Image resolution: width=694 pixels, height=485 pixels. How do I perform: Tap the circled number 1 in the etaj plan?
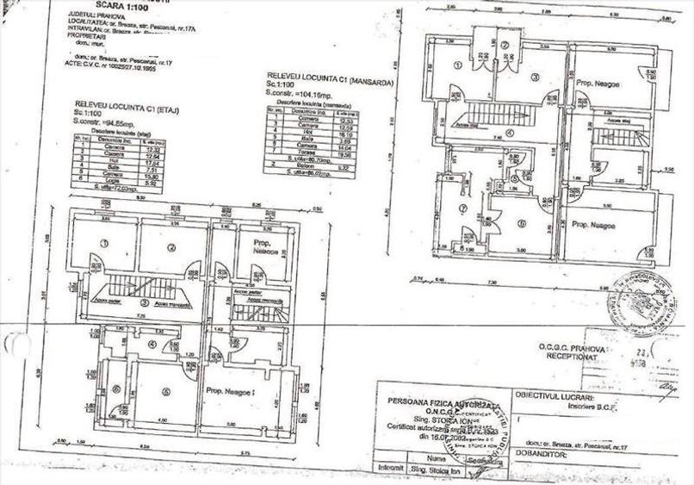103,244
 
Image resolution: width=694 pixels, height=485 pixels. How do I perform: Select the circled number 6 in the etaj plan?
115,389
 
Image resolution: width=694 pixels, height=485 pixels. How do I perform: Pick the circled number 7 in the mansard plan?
462,208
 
